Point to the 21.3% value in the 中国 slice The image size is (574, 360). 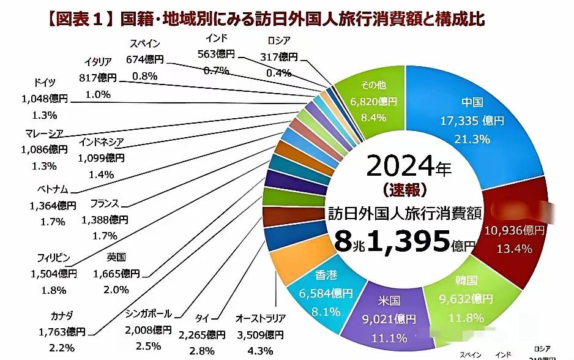coord(472,138)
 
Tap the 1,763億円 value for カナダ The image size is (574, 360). coord(61,332)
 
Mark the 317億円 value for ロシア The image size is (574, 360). coord(279,57)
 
